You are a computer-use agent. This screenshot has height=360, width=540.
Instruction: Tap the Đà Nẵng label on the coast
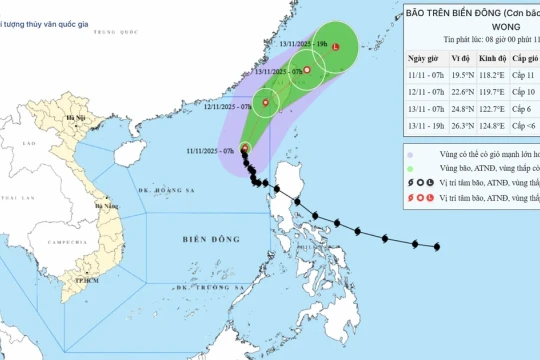click(x=105, y=205)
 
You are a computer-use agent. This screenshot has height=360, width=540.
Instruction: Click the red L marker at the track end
click(x=336, y=48)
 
